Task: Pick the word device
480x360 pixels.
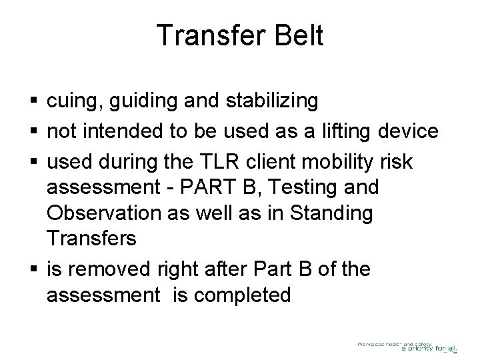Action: [409, 131]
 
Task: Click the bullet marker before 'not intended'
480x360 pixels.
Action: [33, 132]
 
